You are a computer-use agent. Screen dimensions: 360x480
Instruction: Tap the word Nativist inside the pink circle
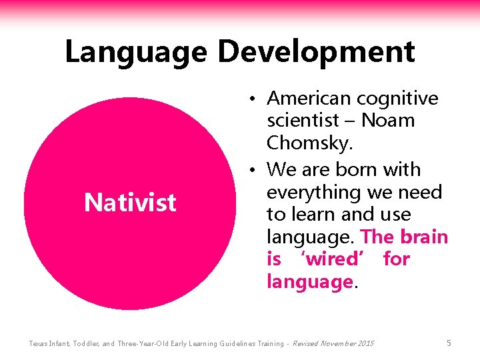(130, 202)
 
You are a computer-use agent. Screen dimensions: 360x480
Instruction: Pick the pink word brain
(423, 237)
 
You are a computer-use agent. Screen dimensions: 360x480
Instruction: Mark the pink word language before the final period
(309, 282)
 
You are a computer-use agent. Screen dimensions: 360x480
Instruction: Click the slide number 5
(449, 343)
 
